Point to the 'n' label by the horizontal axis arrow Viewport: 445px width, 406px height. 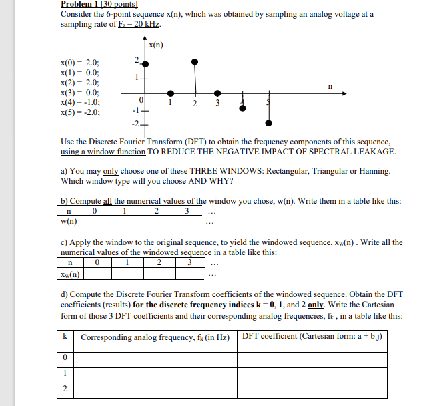tap(328, 86)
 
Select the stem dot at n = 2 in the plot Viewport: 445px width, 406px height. tap(195, 62)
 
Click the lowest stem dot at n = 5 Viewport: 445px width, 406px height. tap(268, 123)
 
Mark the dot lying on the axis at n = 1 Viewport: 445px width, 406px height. tap(171, 94)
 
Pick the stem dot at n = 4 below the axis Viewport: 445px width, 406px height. tap(244, 108)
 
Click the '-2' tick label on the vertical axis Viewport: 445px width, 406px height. tap(135, 124)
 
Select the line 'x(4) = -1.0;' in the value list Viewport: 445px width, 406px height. tap(81, 102)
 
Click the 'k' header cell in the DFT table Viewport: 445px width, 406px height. tap(65, 337)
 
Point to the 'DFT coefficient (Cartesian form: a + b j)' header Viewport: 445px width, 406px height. tap(312, 337)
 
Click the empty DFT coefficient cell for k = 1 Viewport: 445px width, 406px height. tap(312, 374)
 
